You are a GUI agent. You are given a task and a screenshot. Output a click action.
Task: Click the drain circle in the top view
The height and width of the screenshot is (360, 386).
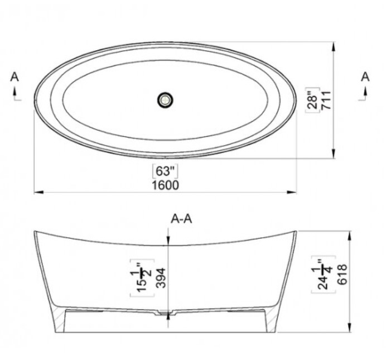165,100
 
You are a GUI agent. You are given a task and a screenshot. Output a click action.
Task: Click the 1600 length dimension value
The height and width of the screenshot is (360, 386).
166,185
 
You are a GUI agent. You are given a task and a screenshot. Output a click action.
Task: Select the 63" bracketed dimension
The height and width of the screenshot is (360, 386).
165,171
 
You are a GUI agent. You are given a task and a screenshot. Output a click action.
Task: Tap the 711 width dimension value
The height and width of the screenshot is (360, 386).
326,100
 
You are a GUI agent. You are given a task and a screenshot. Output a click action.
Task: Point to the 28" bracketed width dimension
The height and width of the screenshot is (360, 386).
312,100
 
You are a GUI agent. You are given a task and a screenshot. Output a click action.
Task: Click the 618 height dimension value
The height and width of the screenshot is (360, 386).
342,274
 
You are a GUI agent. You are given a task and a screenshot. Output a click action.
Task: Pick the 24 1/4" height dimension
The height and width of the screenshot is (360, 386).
323,275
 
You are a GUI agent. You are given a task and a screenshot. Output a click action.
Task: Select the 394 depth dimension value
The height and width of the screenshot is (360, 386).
161,278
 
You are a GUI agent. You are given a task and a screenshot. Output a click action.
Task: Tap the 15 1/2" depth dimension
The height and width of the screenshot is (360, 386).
142,278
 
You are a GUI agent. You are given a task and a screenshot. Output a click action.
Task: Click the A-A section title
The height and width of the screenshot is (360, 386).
181,219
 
